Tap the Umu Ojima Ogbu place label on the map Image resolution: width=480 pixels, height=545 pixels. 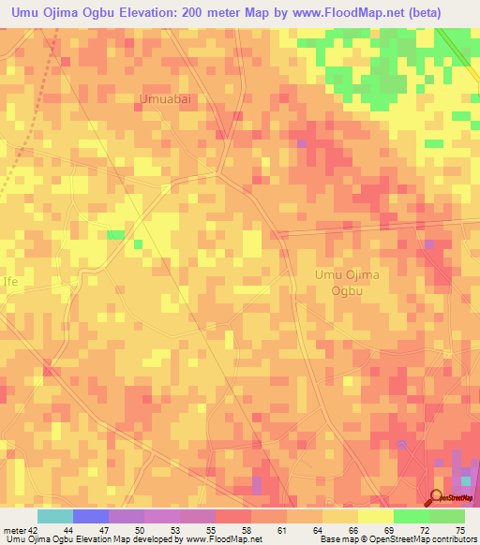345,282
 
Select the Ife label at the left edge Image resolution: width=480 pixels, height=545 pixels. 9,281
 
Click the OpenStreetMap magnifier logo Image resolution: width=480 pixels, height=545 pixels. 436,499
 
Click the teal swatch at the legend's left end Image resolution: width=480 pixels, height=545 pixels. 55,516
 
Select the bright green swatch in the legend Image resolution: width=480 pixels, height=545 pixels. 411,516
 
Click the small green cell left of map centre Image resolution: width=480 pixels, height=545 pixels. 115,234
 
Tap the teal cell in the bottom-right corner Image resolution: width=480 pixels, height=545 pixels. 465,480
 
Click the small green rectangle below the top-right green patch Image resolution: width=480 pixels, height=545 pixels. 433,143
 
